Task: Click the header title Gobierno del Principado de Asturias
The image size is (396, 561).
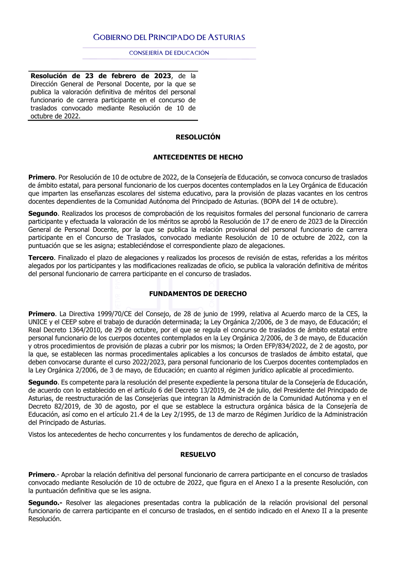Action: (169, 38)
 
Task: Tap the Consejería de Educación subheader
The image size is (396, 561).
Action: (169, 53)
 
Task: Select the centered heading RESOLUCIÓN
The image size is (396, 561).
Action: (198, 137)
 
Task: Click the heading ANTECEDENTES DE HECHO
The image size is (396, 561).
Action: (198, 158)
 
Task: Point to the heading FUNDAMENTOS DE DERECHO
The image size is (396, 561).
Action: (198, 294)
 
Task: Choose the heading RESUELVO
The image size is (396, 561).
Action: (198, 455)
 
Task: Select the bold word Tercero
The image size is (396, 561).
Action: (41, 258)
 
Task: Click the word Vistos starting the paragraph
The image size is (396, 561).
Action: (37, 435)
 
